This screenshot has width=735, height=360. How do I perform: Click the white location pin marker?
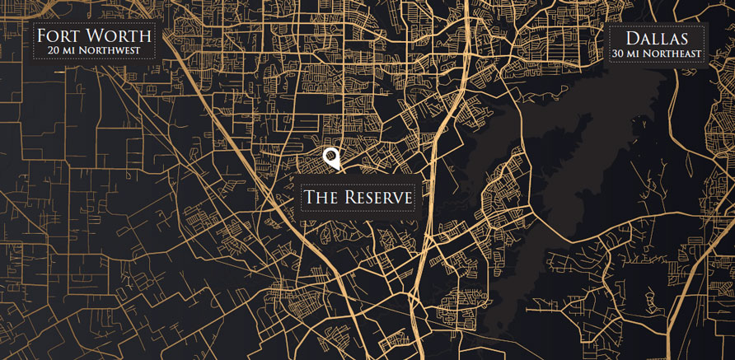point(331,157)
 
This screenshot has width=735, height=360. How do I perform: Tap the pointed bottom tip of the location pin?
point(332,170)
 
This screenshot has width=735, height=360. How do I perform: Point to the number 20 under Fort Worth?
point(54,51)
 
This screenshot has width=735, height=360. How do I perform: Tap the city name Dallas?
point(656,39)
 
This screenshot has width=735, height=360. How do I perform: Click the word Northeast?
point(671,54)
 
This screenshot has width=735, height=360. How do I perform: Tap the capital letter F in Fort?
point(43,36)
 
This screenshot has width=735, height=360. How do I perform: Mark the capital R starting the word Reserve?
point(349,198)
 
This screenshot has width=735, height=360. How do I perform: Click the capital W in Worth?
point(99,36)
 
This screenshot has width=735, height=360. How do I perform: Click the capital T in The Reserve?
point(311,198)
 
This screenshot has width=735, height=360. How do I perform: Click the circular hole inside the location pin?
point(331,155)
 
